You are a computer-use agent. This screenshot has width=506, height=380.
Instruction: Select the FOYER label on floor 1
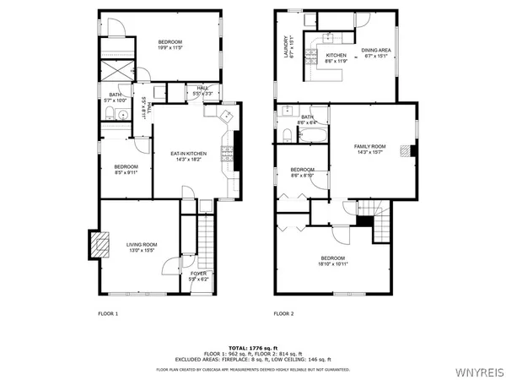[198, 274]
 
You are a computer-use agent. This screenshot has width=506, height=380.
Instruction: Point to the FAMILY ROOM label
[369, 146]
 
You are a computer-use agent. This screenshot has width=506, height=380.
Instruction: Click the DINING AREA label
[375, 50]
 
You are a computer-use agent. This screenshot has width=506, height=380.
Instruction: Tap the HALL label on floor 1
[202, 87]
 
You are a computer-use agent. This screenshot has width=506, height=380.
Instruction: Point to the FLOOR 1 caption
[108, 313]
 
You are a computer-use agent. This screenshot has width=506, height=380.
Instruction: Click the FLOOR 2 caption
[283, 313]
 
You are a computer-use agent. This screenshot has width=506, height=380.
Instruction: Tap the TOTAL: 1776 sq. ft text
[253, 347]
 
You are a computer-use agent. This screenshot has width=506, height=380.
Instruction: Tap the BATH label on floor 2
[307, 117]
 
